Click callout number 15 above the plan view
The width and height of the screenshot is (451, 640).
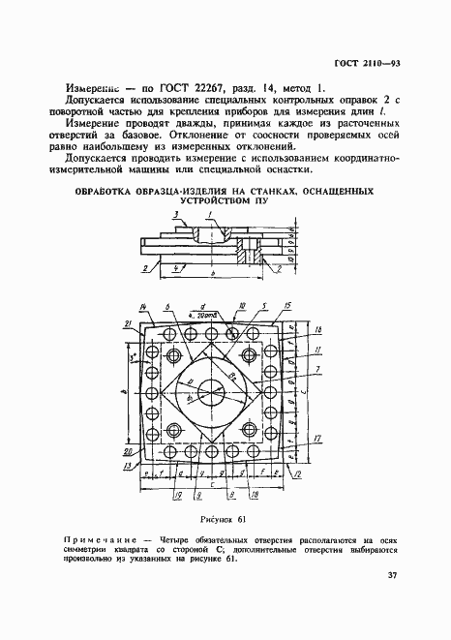(x=289, y=306)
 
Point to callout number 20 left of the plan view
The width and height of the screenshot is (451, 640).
(x=128, y=451)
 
